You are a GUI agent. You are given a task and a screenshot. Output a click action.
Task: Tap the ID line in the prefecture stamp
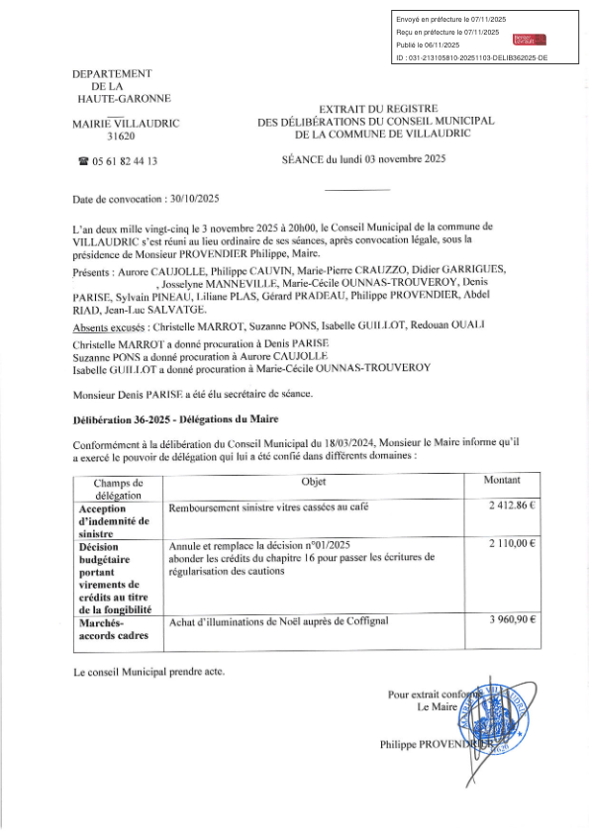[x=471, y=59]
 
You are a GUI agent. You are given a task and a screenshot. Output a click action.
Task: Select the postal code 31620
[x=120, y=137]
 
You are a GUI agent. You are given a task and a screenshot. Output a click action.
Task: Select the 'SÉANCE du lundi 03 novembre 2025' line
[x=363, y=159]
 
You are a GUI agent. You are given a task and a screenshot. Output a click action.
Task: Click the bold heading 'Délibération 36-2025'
[x=132, y=419]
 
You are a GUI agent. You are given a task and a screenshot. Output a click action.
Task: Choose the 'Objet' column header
[x=313, y=480]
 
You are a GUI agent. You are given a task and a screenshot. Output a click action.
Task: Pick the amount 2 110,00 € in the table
[x=511, y=544]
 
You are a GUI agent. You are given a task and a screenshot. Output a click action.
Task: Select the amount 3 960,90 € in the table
[x=511, y=620]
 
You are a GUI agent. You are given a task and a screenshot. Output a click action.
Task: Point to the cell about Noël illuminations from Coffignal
[x=279, y=621]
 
